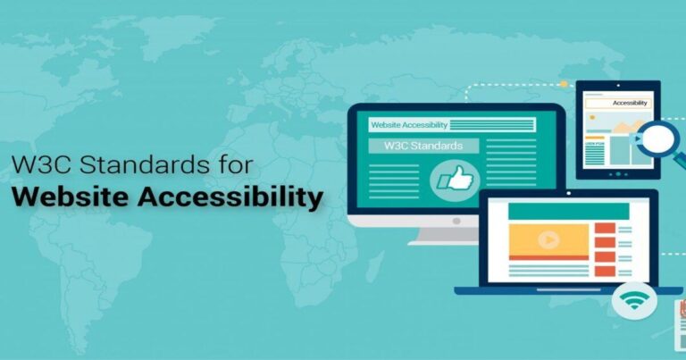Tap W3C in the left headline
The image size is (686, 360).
tap(35, 164)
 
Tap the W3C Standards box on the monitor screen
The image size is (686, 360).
tap(422, 146)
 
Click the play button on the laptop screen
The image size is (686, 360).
tap(548, 239)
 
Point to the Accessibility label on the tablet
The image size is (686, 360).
tap(631, 104)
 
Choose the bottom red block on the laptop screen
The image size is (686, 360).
tap(604, 270)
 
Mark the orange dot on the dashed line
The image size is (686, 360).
tap(563, 84)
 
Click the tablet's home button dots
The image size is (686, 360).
tap(616, 172)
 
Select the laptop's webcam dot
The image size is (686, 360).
tap(556, 195)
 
